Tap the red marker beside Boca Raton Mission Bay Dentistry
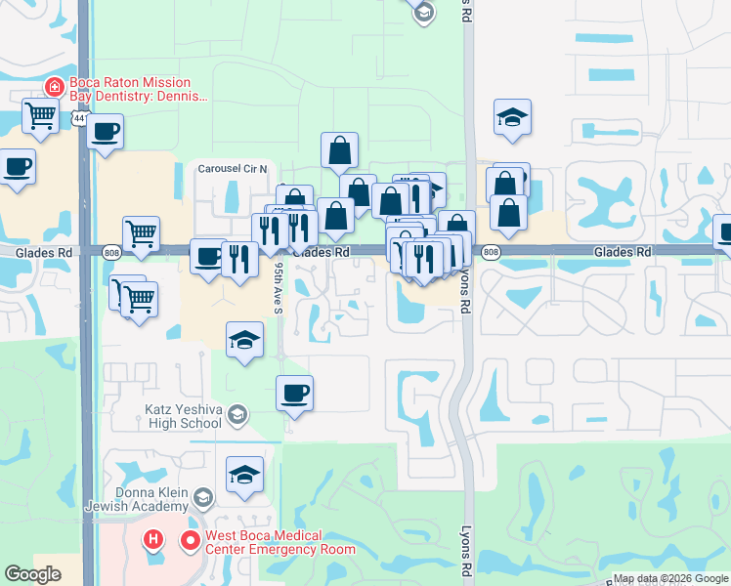coord(55,87)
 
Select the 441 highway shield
coord(78,118)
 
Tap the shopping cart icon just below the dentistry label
coord(41,116)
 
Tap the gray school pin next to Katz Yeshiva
coord(236,417)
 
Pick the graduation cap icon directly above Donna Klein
coord(244,475)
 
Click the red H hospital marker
coord(154,539)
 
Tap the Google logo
coord(34,574)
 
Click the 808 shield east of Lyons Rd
coord(491,252)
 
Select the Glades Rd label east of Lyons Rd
coord(622,252)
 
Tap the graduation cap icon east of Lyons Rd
coord(512,117)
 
